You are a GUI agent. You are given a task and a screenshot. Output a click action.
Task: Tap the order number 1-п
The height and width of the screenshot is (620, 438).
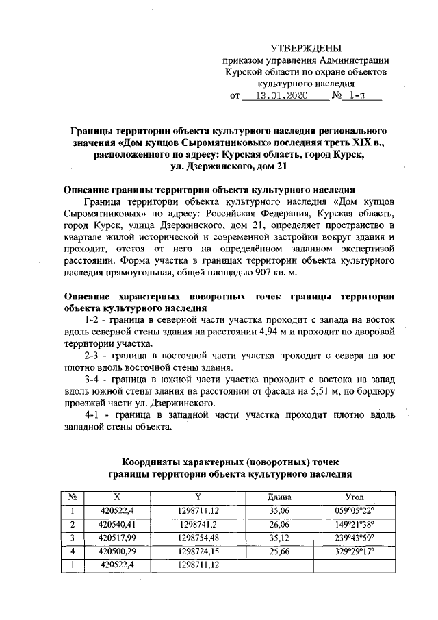pos(357,97)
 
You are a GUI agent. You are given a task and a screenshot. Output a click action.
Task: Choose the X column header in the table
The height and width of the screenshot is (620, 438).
pos(117,496)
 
